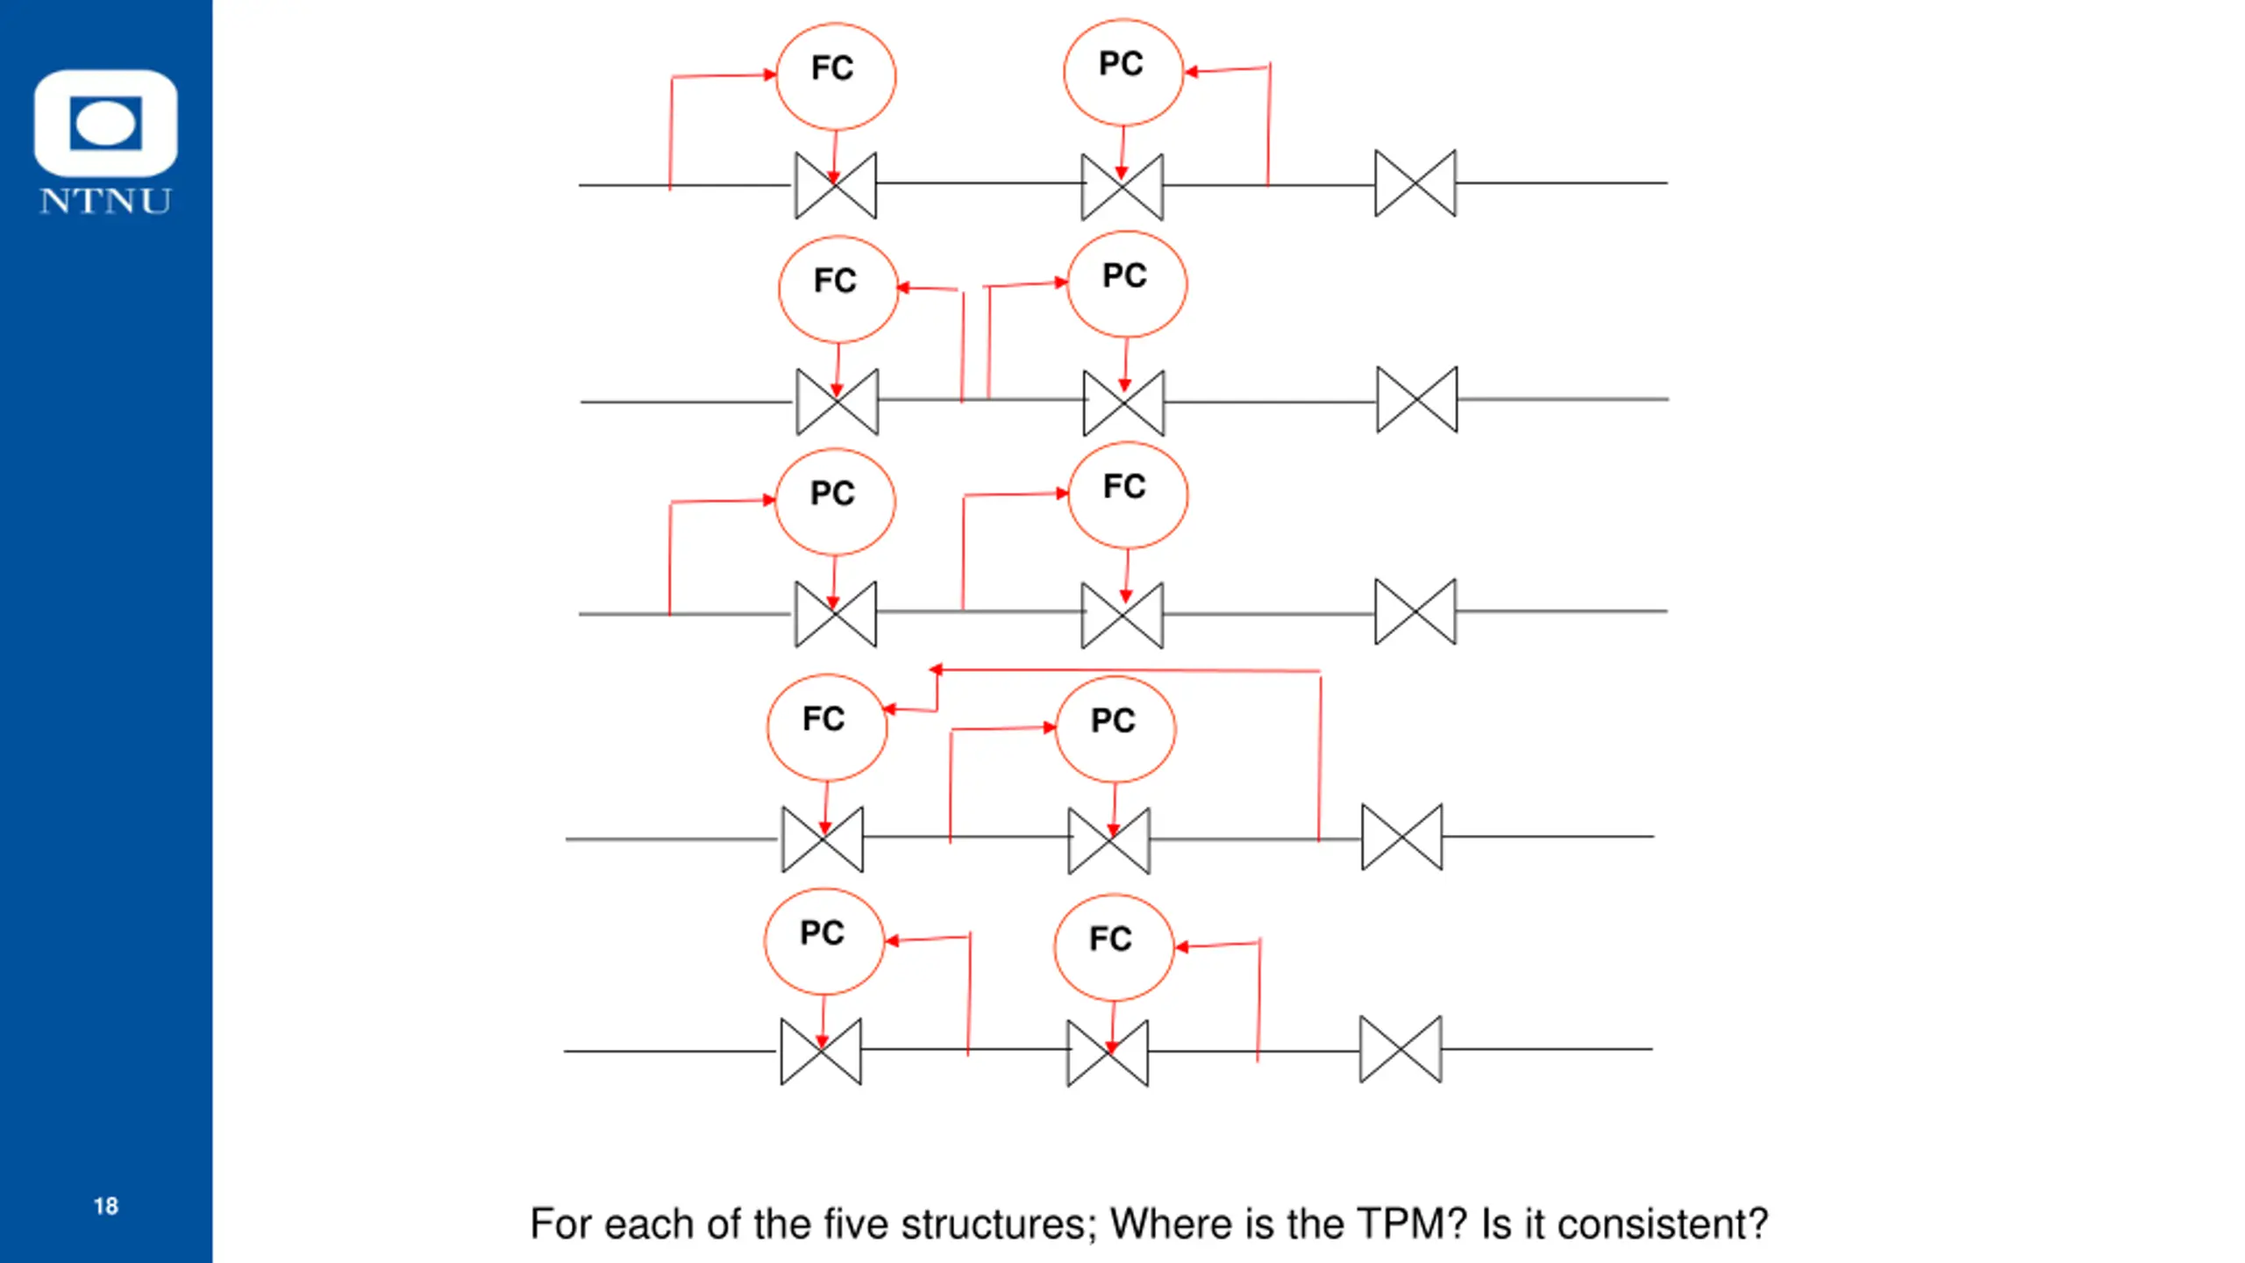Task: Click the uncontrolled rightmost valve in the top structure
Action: [1415, 183]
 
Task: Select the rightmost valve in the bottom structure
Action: [1400, 1049]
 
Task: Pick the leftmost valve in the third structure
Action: [836, 614]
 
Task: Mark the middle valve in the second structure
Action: [1123, 403]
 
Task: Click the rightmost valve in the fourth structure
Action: [1401, 837]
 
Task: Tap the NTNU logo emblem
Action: [106, 124]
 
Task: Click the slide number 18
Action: [106, 1206]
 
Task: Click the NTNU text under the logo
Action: [105, 202]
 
